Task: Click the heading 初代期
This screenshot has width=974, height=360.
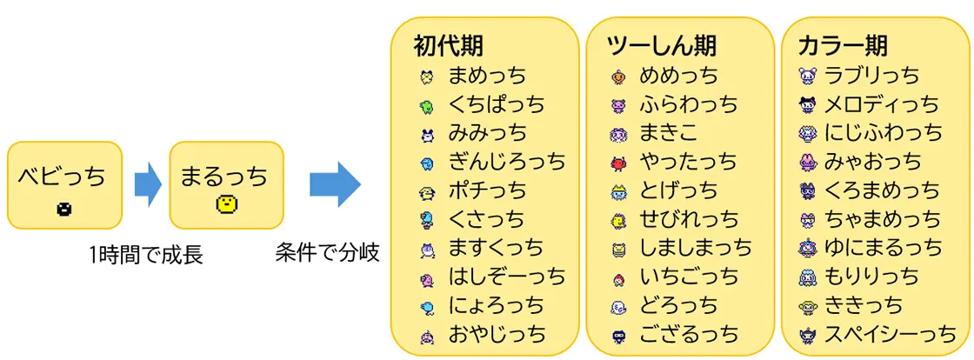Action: [x=449, y=46]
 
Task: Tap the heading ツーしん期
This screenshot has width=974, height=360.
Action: [x=662, y=46]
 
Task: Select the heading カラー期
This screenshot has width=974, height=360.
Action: [x=843, y=46]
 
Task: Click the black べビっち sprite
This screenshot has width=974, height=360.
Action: [x=64, y=210]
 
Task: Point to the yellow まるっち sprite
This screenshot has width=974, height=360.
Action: [x=226, y=203]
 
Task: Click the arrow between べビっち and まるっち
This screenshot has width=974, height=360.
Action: [x=148, y=184]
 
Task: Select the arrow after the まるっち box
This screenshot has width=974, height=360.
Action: [x=335, y=184]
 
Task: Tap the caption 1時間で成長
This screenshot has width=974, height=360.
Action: [x=147, y=255]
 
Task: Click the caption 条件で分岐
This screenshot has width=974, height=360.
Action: [x=327, y=253]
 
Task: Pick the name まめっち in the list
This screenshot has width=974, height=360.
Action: [x=487, y=76]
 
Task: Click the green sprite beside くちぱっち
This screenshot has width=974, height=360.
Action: [x=425, y=105]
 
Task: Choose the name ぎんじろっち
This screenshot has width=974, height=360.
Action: [x=507, y=162]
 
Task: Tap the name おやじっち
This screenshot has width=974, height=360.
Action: [x=497, y=334]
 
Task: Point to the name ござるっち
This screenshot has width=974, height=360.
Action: [x=689, y=334]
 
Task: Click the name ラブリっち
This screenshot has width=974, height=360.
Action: [x=871, y=76]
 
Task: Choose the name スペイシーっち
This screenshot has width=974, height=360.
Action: [x=891, y=334]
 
